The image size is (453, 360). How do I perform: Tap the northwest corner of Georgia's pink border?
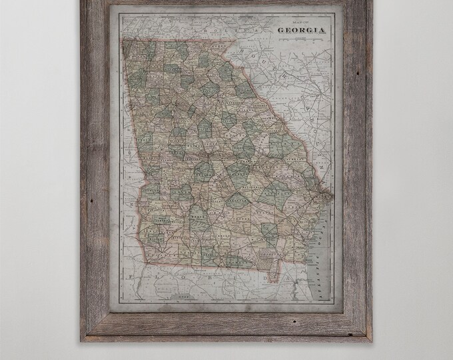(x=123, y=39)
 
